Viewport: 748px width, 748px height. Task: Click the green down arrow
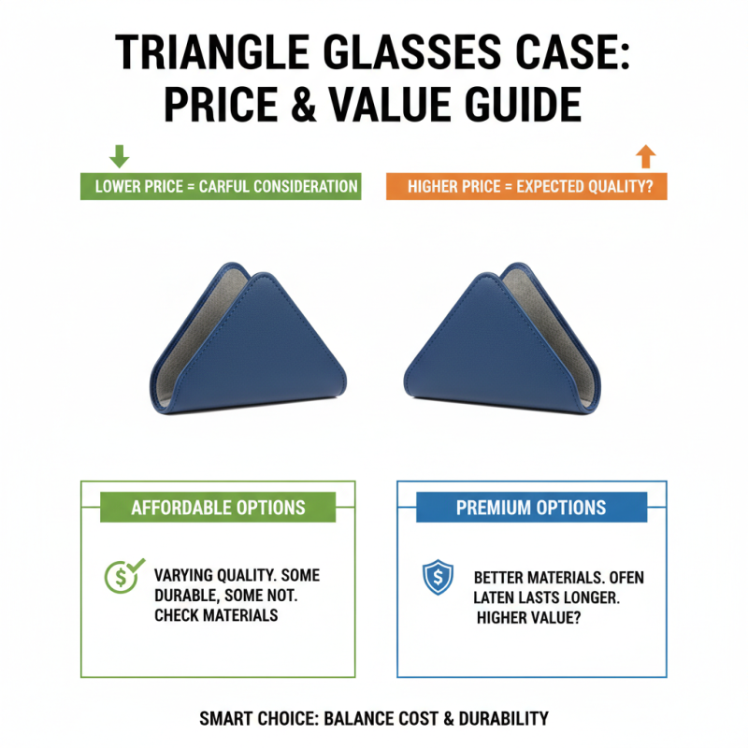[x=120, y=155]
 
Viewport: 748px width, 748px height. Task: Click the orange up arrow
[x=646, y=155]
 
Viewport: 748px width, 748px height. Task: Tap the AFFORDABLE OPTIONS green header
[x=218, y=508]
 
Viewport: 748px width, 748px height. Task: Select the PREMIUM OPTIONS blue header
[x=531, y=508]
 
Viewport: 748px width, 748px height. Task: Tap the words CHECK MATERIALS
[x=216, y=615]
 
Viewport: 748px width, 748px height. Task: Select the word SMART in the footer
[x=227, y=718]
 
